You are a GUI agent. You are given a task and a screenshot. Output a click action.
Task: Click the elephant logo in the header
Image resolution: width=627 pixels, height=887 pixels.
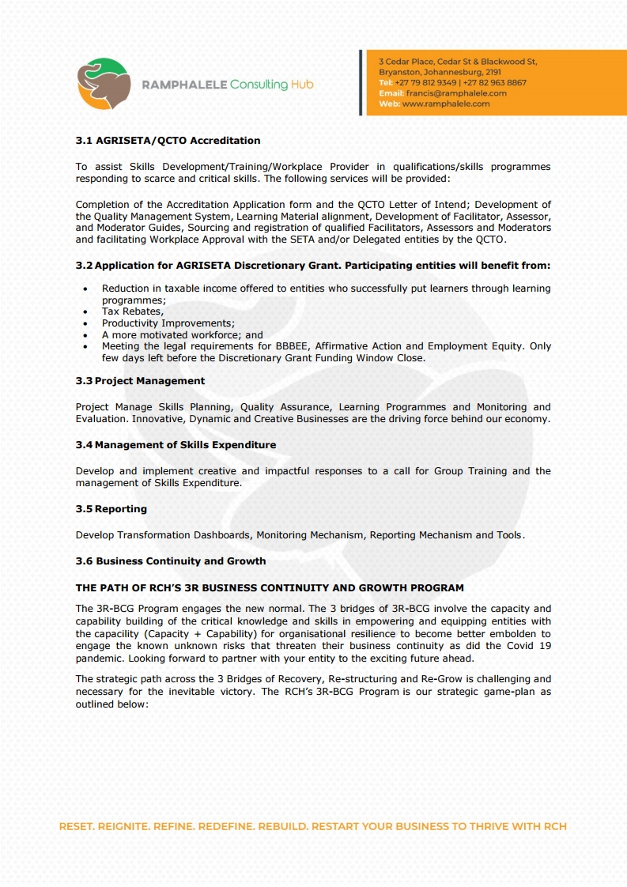click(104, 83)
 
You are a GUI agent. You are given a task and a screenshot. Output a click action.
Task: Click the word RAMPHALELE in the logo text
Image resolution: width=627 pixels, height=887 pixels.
click(183, 85)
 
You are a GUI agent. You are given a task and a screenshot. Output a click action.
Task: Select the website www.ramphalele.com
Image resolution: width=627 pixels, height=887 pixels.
click(446, 104)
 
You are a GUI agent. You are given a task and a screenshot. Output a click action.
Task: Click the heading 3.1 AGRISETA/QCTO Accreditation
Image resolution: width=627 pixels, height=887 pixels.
click(168, 141)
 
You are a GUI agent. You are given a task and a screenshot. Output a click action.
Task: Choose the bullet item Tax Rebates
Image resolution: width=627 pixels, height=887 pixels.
click(132, 311)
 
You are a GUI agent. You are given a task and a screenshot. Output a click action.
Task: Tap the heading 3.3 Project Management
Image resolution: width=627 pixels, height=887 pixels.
click(140, 381)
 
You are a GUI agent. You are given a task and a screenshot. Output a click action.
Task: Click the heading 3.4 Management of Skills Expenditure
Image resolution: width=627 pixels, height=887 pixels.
click(176, 445)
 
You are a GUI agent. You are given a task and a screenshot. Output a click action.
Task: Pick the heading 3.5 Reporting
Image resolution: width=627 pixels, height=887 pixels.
click(111, 509)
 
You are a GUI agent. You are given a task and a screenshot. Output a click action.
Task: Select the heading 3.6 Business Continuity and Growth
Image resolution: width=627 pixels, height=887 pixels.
click(171, 561)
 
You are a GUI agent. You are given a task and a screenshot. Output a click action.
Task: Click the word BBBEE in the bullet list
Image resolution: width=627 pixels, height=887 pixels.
click(285, 346)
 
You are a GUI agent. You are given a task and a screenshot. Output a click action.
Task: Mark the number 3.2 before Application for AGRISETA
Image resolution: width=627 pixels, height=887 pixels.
click(84, 265)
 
